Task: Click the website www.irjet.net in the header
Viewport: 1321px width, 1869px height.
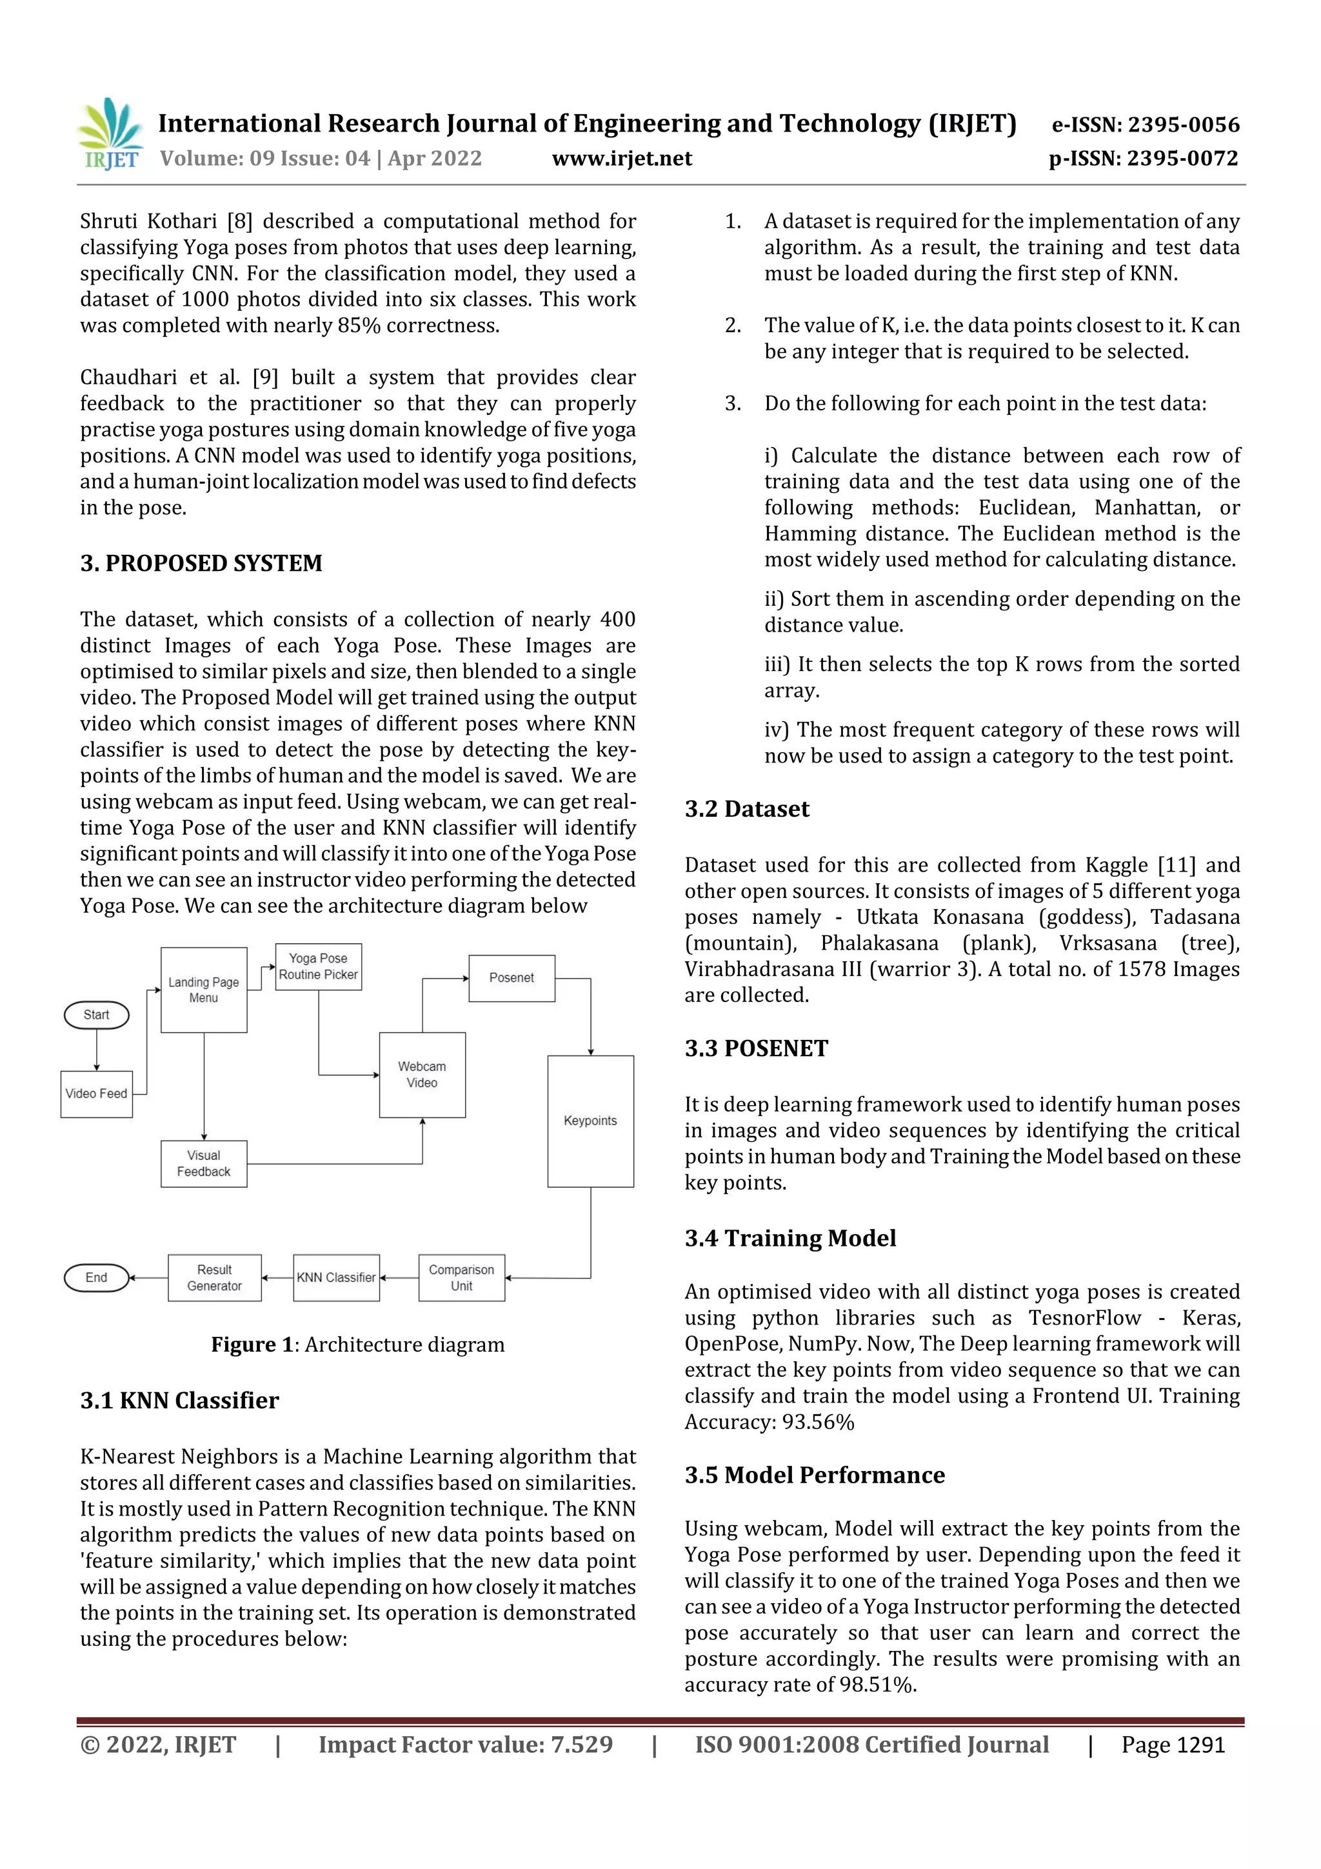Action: pyautogui.click(x=622, y=159)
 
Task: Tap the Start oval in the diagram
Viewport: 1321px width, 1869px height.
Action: pyautogui.click(x=96, y=1015)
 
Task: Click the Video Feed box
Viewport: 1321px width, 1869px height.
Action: pyautogui.click(x=96, y=1094)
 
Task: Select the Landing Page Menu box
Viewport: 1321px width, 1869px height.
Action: pyautogui.click(x=203, y=990)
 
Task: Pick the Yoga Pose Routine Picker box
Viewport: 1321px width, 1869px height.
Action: pyautogui.click(x=318, y=967)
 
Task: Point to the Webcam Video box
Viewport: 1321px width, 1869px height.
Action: pyautogui.click(x=422, y=1075)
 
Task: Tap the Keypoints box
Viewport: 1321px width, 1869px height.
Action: pyautogui.click(x=590, y=1121)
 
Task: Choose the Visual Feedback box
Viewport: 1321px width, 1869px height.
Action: pyautogui.click(x=203, y=1163)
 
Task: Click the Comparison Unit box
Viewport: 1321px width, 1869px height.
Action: pyautogui.click(x=461, y=1278)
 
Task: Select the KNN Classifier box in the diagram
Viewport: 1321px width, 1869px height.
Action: pyautogui.click(x=336, y=1278)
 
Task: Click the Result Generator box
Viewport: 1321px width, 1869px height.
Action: pyautogui.click(x=215, y=1278)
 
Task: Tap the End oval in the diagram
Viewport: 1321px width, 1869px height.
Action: pyautogui.click(x=96, y=1278)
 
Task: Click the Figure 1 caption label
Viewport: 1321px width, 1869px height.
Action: pyautogui.click(x=252, y=1344)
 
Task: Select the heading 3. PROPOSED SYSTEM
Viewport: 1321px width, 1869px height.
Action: pyautogui.click(x=201, y=563)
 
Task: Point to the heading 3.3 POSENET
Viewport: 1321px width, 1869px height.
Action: pyautogui.click(x=756, y=1048)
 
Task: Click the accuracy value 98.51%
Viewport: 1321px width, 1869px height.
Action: pyautogui.click(x=877, y=1684)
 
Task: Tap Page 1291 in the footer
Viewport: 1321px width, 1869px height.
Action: pyautogui.click(x=1172, y=1745)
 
